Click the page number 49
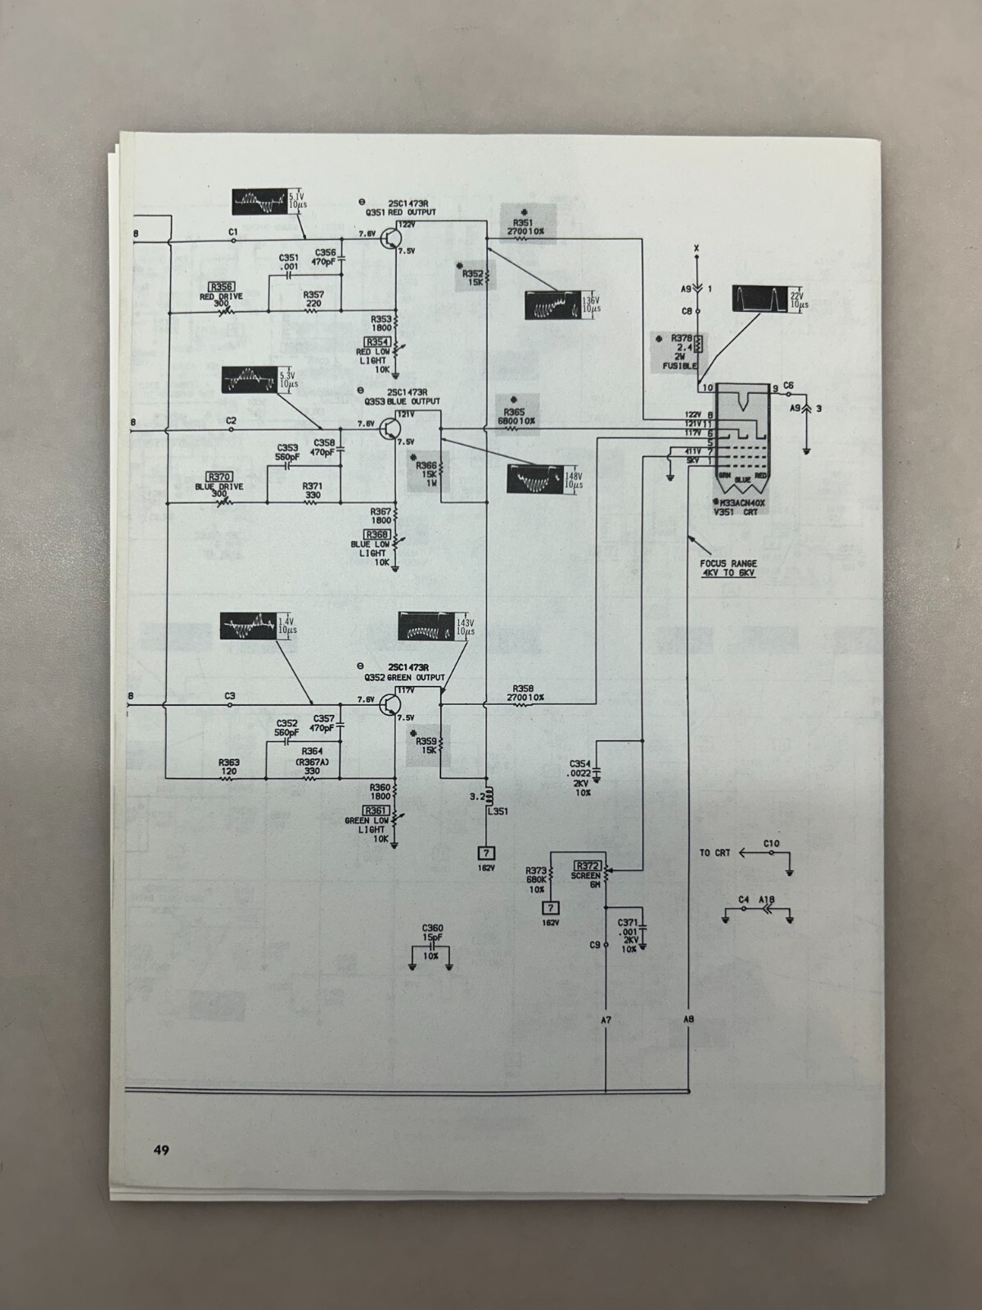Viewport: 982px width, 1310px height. click(x=161, y=1150)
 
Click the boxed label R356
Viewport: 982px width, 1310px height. click(x=220, y=286)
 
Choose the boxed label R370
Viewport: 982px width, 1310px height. click(x=219, y=477)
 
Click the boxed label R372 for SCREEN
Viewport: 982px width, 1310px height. click(x=588, y=865)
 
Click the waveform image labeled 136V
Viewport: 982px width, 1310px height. click(x=552, y=305)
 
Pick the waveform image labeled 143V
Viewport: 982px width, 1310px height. click(x=426, y=627)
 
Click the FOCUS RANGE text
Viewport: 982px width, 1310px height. click(x=727, y=564)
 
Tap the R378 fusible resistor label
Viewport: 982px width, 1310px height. click(x=682, y=337)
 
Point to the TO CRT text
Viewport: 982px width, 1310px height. click(x=714, y=852)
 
